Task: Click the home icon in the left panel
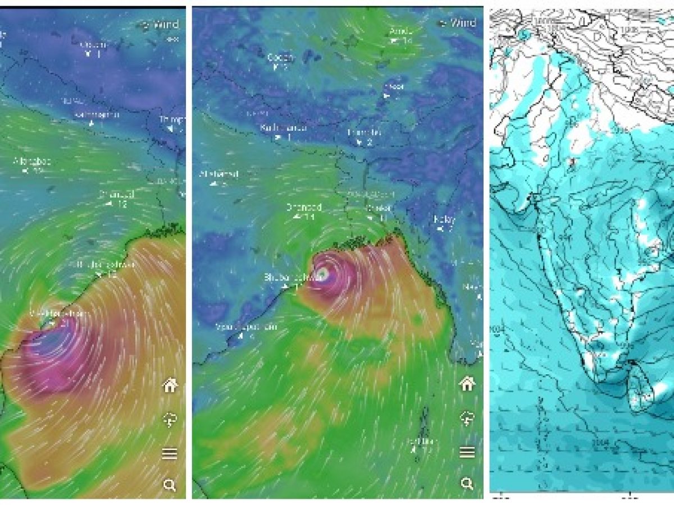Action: tap(170, 385)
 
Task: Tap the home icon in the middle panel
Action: tap(467, 384)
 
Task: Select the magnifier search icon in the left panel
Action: tap(170, 485)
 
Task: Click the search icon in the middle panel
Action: tap(467, 483)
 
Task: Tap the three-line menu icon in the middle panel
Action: tap(467, 452)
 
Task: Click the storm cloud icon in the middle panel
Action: tap(467, 418)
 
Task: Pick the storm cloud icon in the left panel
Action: tap(170, 420)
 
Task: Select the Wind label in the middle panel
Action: tap(463, 23)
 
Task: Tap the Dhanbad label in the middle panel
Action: tap(304, 208)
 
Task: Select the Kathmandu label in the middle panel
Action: tap(284, 128)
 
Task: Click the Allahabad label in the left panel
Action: tap(33, 162)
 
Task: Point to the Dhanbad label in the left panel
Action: tap(116, 195)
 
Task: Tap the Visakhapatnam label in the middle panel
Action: tap(247, 327)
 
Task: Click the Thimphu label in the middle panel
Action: tap(364, 133)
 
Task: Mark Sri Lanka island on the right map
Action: tap(642, 393)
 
